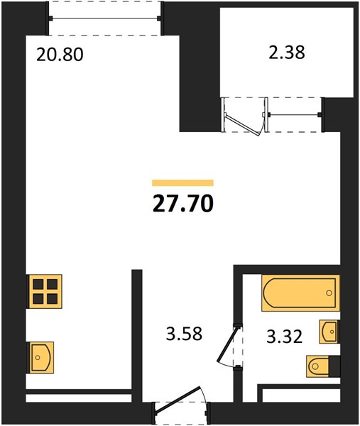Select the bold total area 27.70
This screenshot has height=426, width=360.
click(x=182, y=204)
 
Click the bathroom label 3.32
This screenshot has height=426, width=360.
click(x=284, y=335)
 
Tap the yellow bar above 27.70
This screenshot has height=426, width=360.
click(x=182, y=182)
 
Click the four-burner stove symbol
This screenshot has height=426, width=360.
click(x=45, y=291)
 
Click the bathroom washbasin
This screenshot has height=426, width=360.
click(x=329, y=332)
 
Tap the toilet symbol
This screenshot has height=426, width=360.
click(x=318, y=366)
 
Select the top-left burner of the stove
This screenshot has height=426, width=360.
click(x=38, y=285)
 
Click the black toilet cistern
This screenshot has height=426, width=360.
click(x=334, y=366)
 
